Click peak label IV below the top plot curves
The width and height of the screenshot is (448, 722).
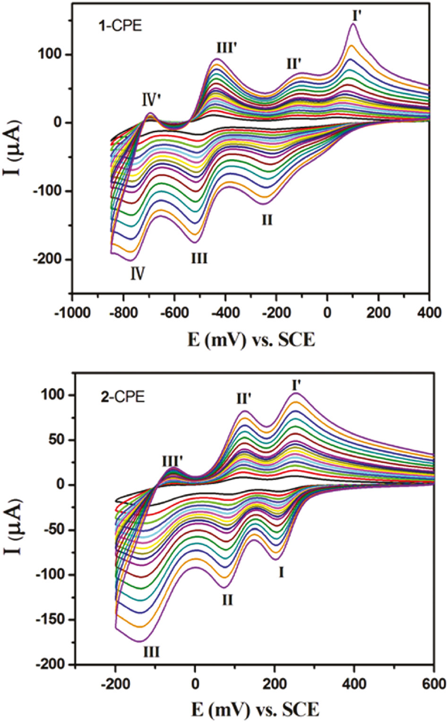tap(137, 273)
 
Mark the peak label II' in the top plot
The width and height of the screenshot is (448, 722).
tap(293, 63)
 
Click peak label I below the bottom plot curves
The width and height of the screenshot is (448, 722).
tap(281, 573)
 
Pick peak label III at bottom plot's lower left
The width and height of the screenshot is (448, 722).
tap(151, 652)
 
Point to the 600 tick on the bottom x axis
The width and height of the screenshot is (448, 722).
tap(434, 684)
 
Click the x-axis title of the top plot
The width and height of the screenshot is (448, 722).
tap(250, 340)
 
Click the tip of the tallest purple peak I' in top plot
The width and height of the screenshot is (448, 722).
tap(353, 24)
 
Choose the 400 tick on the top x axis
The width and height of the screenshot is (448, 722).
tap(429, 313)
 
